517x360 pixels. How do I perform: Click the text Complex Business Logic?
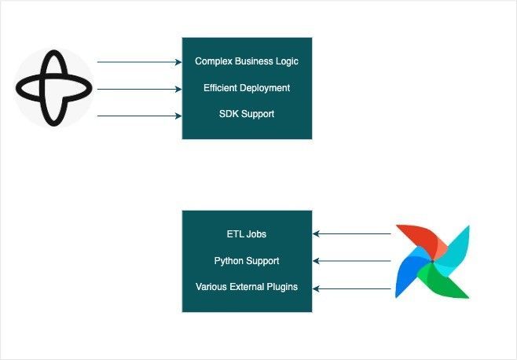(247, 61)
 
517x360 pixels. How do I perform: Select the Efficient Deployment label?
(247, 88)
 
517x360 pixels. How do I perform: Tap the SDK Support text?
(247, 115)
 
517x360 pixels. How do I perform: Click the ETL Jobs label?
(247, 234)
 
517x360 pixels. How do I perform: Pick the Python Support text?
(247, 261)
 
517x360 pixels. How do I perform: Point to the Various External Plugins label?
(247, 287)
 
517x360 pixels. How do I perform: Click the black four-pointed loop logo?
(53, 88)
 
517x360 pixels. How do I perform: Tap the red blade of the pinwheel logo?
(415, 239)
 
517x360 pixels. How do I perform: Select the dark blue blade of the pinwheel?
(410, 276)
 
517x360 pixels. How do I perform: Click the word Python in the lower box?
(229, 261)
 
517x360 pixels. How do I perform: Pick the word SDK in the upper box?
(229, 115)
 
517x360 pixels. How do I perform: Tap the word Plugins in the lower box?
(282, 287)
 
